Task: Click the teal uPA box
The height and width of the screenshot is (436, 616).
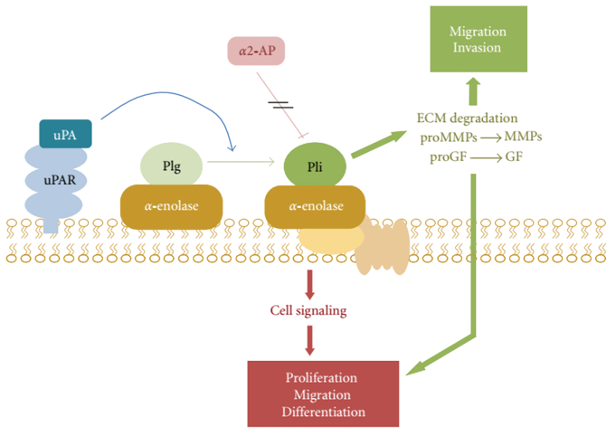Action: (x=65, y=135)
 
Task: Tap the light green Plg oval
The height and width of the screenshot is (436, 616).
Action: (x=172, y=167)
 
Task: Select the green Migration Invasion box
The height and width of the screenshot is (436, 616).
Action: (x=477, y=39)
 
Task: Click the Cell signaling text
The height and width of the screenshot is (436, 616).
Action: (x=310, y=310)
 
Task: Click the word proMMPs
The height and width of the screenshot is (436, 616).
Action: (x=451, y=137)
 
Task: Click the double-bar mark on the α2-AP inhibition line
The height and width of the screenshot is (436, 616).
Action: (x=282, y=105)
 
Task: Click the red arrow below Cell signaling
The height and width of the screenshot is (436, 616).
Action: (x=310, y=339)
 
